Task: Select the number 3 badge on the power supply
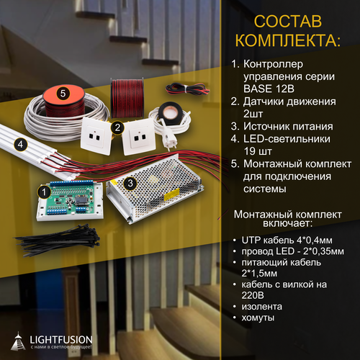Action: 130,184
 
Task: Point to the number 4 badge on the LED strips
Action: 22,144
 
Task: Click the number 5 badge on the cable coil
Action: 63,93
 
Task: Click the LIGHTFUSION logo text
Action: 64,336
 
